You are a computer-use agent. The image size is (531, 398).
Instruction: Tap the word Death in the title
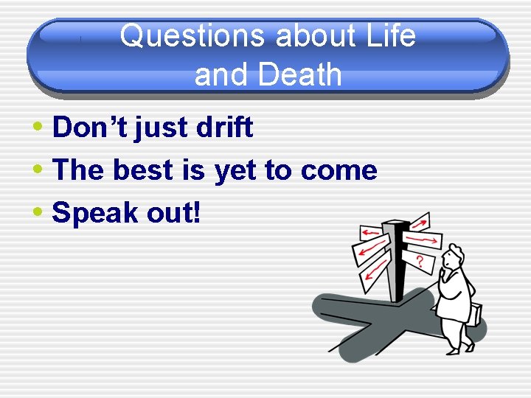pos(296,74)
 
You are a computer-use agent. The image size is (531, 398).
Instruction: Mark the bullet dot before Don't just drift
pos(38,128)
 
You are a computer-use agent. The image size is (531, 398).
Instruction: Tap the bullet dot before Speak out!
pos(38,213)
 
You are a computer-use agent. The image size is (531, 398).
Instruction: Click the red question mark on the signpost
pos(419,261)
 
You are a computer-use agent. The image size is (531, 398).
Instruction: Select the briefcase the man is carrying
pos(476,313)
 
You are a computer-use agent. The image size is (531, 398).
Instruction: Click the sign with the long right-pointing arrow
pos(423,240)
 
